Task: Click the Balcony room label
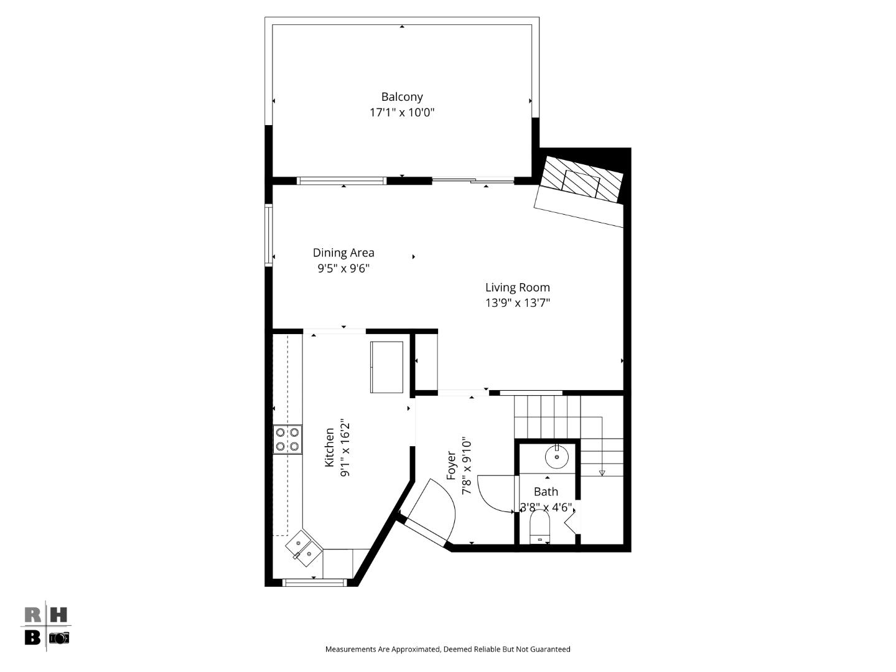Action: (402, 97)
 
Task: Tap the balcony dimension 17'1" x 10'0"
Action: (402, 113)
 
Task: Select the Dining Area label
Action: (343, 253)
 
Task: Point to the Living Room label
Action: (518, 287)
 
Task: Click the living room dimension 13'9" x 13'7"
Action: (518, 303)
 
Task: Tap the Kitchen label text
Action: (330, 447)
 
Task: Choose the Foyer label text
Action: (452, 465)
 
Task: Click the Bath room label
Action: (546, 492)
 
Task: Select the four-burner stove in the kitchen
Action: (287, 439)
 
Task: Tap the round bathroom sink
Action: (557, 457)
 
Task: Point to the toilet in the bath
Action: (539, 528)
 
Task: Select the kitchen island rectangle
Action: (386, 367)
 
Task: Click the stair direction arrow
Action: (602, 473)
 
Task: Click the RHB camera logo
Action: (47, 627)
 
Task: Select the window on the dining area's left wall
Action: (269, 235)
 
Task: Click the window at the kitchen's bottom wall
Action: (314, 582)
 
